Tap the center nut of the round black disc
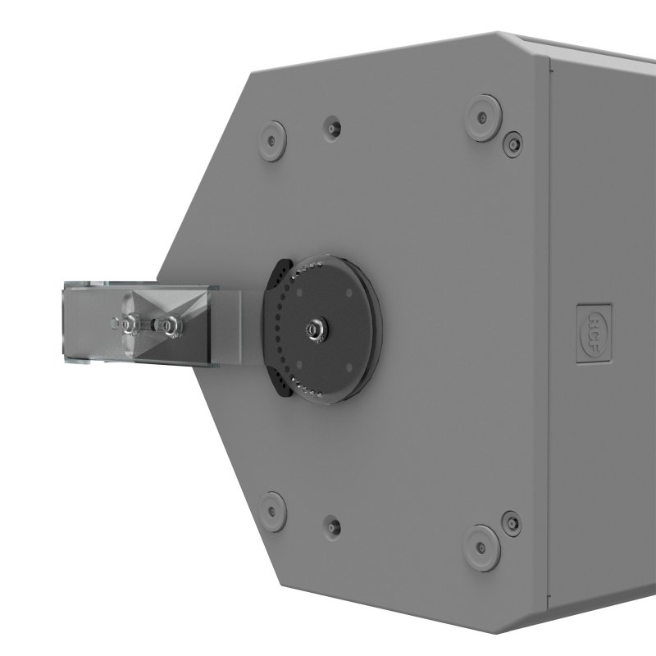[313, 329]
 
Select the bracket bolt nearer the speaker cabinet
[171, 326]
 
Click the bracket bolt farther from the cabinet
[130, 326]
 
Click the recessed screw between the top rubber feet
[332, 127]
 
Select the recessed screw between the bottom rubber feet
[330, 522]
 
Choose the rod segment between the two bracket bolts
[150, 326]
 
